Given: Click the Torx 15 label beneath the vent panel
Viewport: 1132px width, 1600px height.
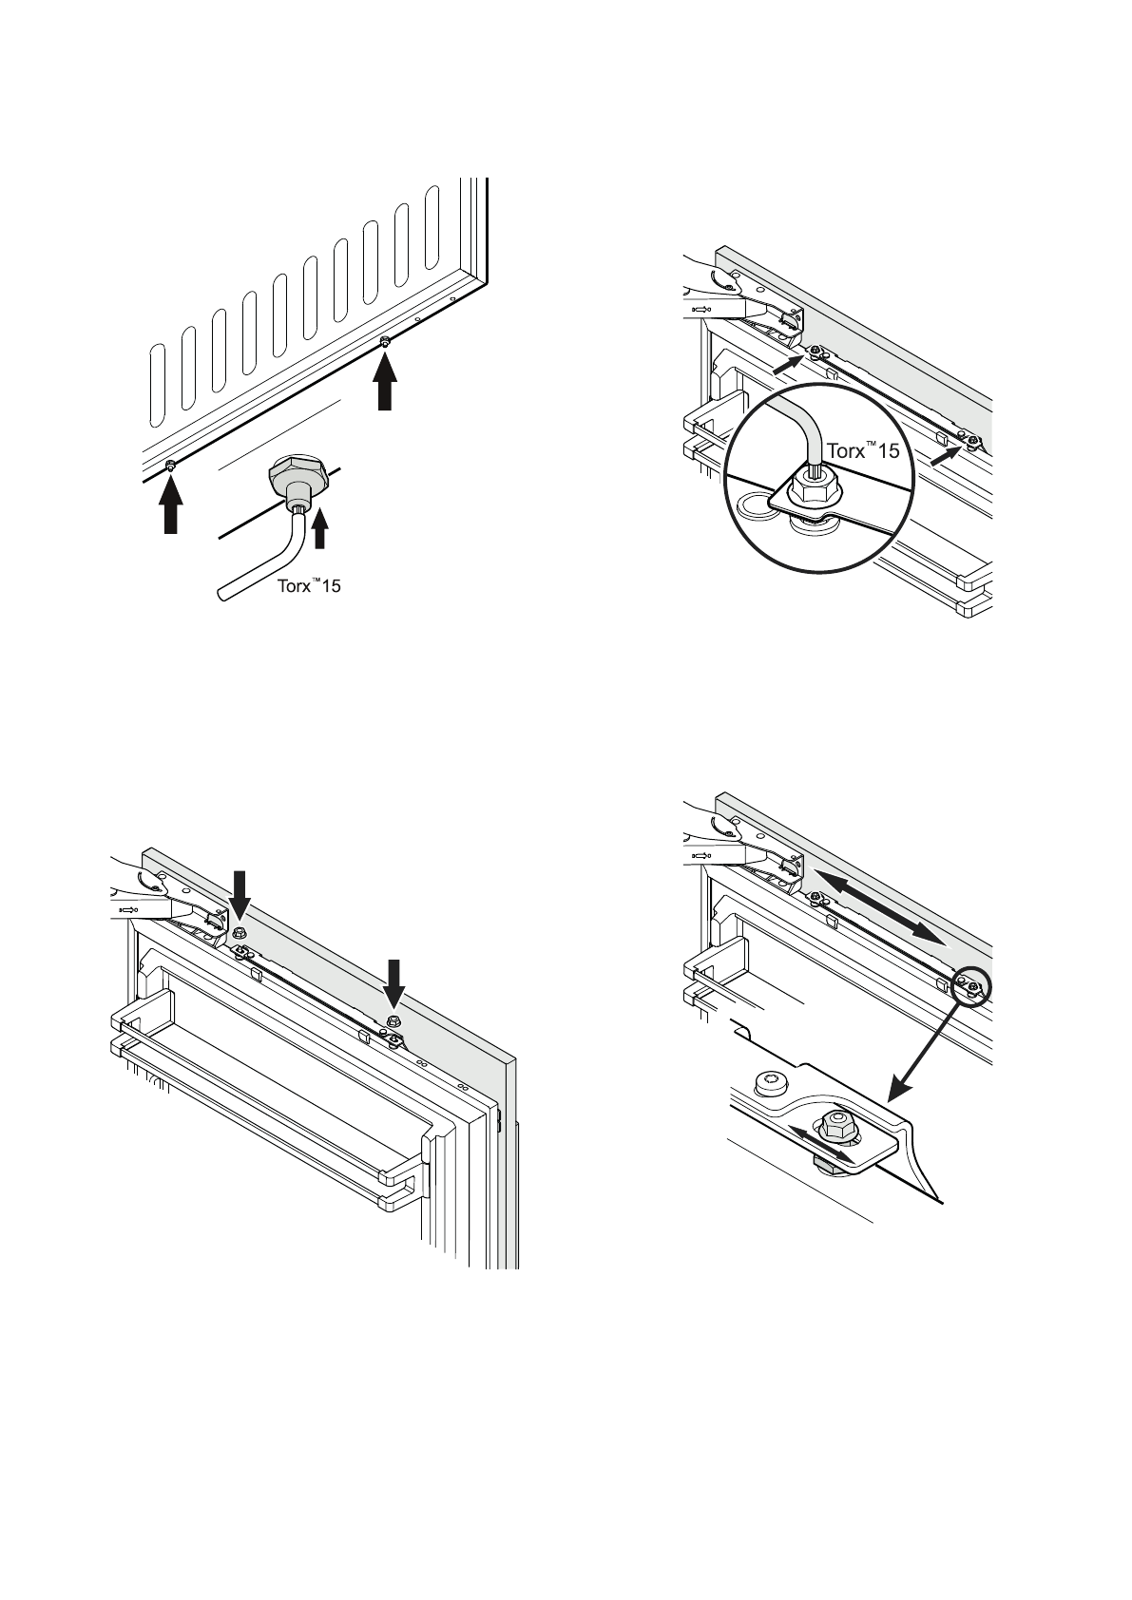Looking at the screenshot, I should pyautogui.click(x=308, y=585).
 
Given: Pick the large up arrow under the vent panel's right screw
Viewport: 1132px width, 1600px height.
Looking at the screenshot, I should pyautogui.click(x=384, y=383).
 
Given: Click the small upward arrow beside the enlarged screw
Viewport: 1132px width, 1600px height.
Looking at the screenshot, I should pyautogui.click(x=320, y=528).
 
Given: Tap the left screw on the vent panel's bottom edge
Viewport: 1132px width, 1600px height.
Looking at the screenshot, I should pyautogui.click(x=170, y=465).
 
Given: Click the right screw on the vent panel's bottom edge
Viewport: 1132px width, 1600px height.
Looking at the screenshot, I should pyautogui.click(x=384, y=342).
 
